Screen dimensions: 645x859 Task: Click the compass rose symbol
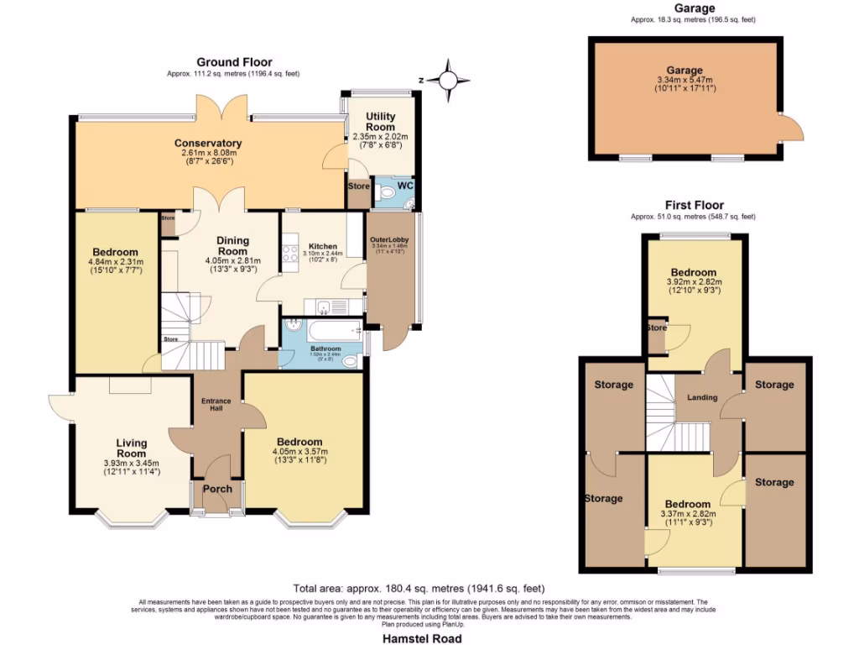click(x=448, y=80)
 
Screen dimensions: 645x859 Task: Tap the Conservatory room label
click(x=208, y=143)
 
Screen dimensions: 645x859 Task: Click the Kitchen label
click(x=322, y=247)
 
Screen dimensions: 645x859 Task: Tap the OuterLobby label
click(x=389, y=240)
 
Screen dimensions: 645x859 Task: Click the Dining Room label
click(x=232, y=245)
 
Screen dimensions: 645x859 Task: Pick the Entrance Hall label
click(x=216, y=405)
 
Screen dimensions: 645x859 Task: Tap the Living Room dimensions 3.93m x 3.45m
click(x=131, y=463)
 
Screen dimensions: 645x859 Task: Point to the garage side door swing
click(x=792, y=128)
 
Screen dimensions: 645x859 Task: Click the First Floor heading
click(x=694, y=205)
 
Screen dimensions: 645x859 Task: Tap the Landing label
click(x=701, y=397)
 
